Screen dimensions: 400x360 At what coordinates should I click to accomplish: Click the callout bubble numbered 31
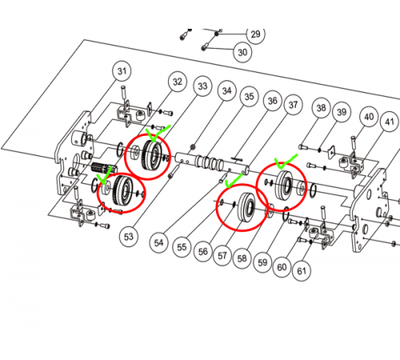(x=122, y=71)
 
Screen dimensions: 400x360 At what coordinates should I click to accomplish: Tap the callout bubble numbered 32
(x=178, y=82)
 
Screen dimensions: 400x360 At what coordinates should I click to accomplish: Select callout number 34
(x=227, y=91)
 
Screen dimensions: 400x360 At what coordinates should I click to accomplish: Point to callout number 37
(x=294, y=105)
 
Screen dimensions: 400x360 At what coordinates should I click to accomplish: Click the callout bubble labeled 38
(x=322, y=108)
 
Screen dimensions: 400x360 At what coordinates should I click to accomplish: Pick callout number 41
(x=390, y=122)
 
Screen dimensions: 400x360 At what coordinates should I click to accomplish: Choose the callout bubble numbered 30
(x=242, y=52)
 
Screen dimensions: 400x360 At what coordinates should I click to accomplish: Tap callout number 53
(x=129, y=237)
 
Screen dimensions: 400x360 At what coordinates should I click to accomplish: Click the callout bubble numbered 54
(x=158, y=242)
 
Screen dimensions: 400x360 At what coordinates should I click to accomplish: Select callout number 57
(x=222, y=256)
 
